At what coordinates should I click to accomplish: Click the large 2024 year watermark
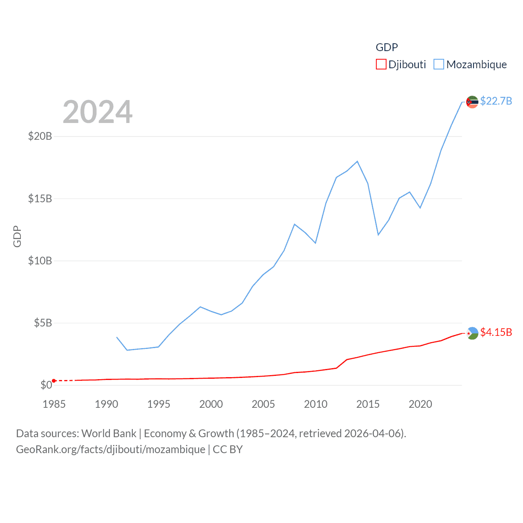98,112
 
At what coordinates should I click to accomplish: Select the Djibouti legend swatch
381,65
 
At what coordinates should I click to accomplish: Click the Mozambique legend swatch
438,65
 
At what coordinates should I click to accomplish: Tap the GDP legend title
387,47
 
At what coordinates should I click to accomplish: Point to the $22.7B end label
496,101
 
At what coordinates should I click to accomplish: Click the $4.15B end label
496,332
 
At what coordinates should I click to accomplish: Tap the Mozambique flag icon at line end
472,102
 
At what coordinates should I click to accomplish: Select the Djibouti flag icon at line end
472,333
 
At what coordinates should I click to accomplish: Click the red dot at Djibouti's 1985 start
54,381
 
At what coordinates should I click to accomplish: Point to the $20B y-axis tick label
40,136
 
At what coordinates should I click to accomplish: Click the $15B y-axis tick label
40,199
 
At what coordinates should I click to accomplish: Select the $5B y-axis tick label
43,323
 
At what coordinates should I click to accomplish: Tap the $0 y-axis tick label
46,385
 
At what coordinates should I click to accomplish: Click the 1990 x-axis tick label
106,404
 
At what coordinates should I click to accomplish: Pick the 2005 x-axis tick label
263,404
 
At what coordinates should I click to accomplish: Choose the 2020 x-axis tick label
420,404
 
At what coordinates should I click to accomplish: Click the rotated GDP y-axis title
17,236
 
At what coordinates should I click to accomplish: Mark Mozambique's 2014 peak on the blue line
357,161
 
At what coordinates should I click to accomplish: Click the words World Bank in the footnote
109,433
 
